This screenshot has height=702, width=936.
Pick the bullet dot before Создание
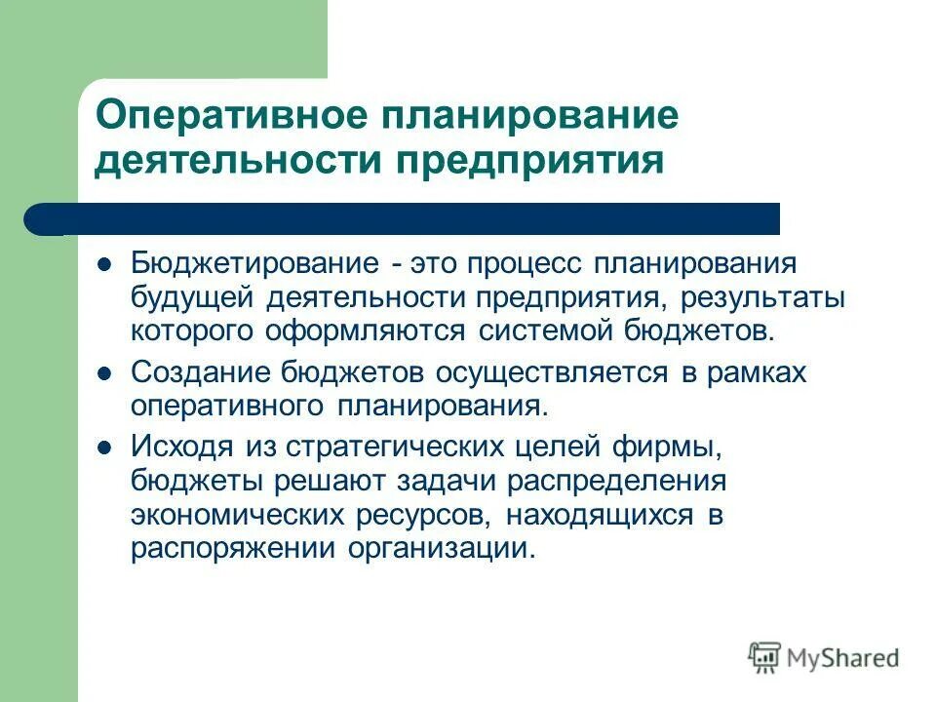(x=104, y=373)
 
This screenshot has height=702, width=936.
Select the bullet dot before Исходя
(x=104, y=449)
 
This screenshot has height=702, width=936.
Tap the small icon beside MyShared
(x=764, y=657)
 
